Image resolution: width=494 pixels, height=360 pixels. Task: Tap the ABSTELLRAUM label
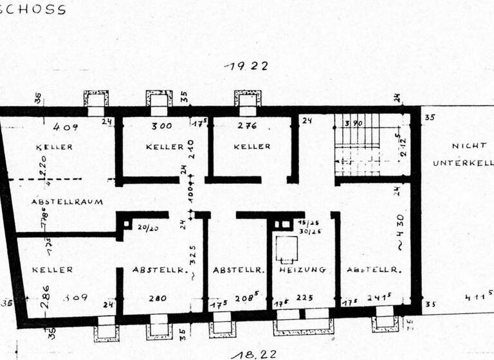coord(67,202)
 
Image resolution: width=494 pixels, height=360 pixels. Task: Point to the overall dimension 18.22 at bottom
coord(246,353)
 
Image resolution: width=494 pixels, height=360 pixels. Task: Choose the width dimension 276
coord(248,126)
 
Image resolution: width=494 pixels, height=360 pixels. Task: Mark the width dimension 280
coord(158,298)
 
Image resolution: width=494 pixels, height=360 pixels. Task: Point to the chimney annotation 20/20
coord(147,227)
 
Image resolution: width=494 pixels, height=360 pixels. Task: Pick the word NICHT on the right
coord(466,147)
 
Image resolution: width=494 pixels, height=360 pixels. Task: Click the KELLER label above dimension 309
coord(53,270)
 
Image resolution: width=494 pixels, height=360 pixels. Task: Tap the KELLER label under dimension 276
coord(252,147)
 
